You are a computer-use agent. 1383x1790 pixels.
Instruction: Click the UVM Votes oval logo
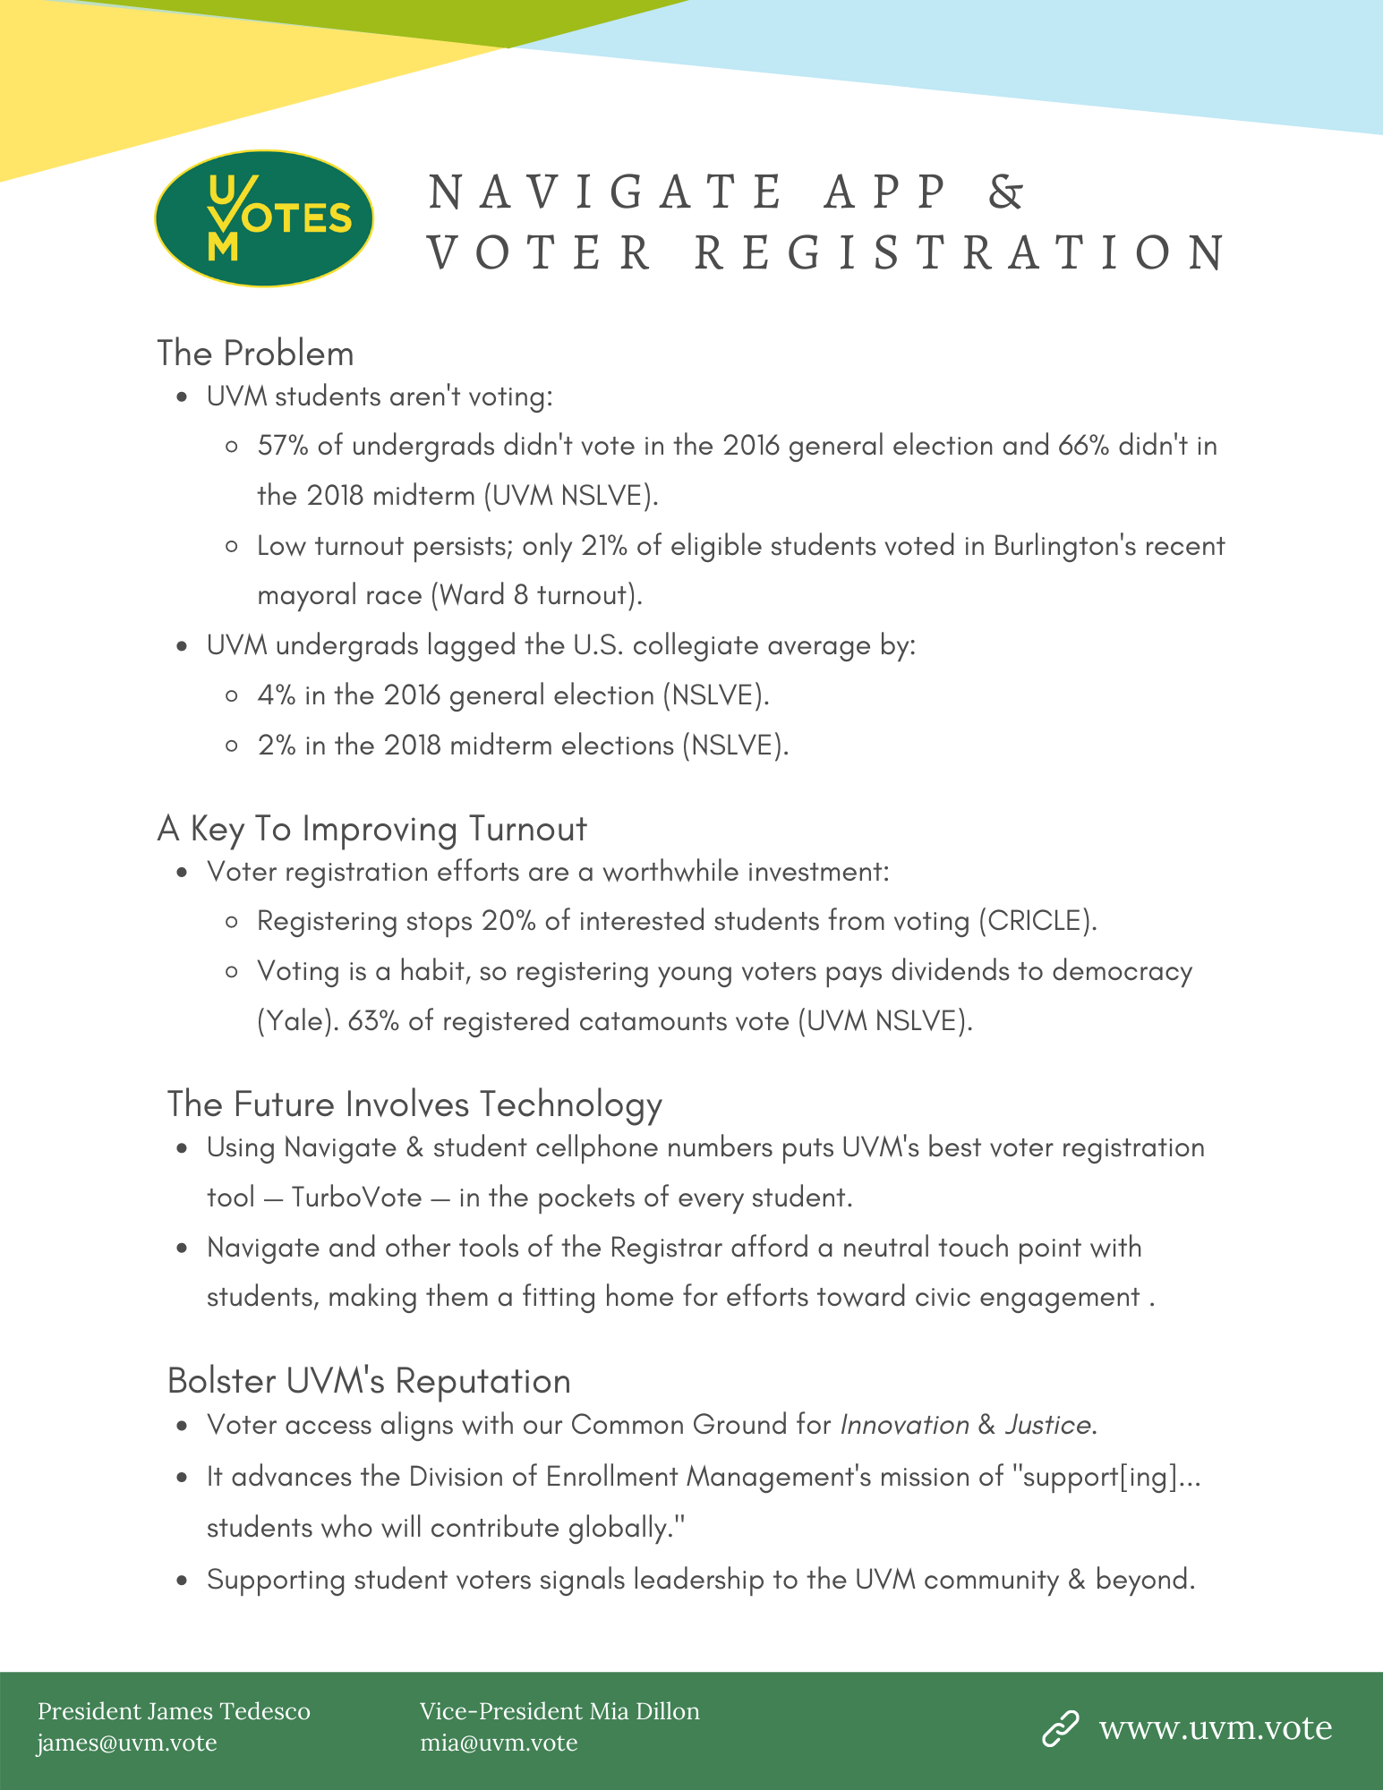tap(264, 218)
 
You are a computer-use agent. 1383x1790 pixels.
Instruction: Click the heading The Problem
tap(256, 354)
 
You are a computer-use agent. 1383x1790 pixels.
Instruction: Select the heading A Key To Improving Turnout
tap(372, 829)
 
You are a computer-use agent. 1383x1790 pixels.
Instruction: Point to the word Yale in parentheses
tap(290, 1021)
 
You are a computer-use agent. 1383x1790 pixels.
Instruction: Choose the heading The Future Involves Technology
tap(414, 1104)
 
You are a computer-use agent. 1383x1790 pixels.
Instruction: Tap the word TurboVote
tap(357, 1198)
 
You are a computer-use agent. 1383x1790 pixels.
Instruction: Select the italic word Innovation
tap(904, 1425)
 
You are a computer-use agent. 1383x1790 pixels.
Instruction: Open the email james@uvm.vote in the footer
tap(127, 1743)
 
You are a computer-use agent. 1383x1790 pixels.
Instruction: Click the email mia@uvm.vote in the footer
tap(499, 1743)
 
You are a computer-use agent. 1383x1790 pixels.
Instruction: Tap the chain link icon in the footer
tap(1061, 1728)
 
